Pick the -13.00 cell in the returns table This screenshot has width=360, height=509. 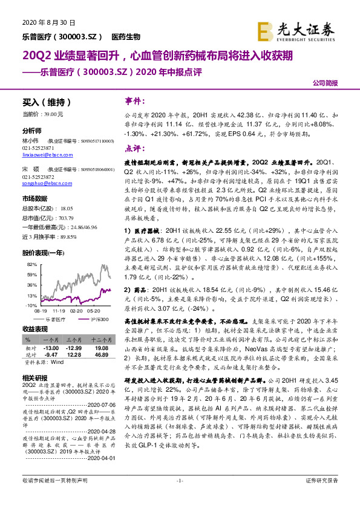click(51, 348)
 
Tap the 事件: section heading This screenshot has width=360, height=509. click(134, 101)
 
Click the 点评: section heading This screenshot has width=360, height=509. click(134, 148)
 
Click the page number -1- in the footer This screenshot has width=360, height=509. click(180, 497)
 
